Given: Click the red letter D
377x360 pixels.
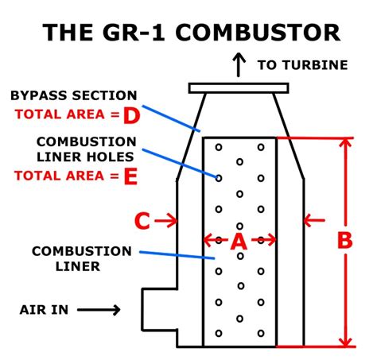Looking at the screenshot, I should point(131,114).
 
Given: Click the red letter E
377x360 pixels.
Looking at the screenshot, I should point(130,176).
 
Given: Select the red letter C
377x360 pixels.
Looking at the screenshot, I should point(142,220).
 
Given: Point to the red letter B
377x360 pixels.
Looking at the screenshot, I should point(344,240).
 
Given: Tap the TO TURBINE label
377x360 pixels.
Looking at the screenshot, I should point(302,65).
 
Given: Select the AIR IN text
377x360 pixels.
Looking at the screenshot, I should point(45,310).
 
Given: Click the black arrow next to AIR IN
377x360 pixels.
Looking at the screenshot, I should point(99,310).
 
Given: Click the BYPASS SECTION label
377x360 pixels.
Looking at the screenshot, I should point(73,95).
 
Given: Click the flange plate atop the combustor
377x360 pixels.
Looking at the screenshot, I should point(239,87).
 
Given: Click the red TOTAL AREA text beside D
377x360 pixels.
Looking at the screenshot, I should point(61,114).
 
